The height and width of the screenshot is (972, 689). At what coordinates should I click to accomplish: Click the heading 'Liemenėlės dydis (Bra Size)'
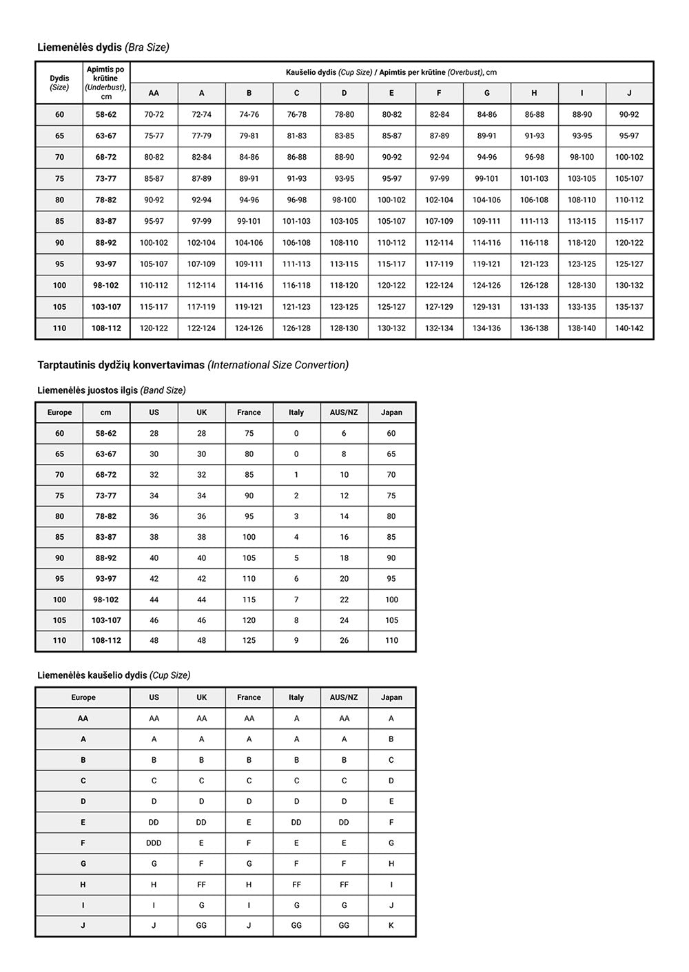pyautogui.click(x=103, y=47)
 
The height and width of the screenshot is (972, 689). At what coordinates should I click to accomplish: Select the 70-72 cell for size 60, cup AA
pyautogui.click(x=154, y=115)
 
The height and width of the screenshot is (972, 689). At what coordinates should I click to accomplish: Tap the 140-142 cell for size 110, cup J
pyautogui.click(x=629, y=328)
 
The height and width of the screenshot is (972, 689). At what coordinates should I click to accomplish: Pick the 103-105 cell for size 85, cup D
pyautogui.click(x=344, y=222)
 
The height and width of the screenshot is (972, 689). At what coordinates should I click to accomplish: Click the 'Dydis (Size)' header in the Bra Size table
pyautogui.click(x=59, y=83)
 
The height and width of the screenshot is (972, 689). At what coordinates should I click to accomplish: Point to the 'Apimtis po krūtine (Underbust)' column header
pyautogui.click(x=106, y=83)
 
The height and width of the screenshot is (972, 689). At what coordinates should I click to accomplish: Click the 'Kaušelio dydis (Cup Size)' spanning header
pyautogui.click(x=391, y=72)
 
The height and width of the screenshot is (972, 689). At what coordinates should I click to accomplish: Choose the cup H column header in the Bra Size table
pyautogui.click(x=534, y=93)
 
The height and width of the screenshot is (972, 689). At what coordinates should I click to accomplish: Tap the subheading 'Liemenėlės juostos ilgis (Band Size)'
pyautogui.click(x=111, y=390)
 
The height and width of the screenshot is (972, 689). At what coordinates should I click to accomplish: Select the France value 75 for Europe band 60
pyautogui.click(x=249, y=434)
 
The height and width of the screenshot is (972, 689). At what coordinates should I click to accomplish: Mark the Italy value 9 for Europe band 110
pyautogui.click(x=296, y=641)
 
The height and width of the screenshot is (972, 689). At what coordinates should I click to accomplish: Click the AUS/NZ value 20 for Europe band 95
pyautogui.click(x=344, y=579)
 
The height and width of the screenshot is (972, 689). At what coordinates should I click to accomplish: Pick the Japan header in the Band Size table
pyautogui.click(x=391, y=412)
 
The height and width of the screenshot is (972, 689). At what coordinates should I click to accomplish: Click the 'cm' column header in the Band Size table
pyautogui.click(x=106, y=412)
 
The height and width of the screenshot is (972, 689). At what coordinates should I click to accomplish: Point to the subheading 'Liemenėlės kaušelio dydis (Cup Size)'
pyautogui.click(x=114, y=675)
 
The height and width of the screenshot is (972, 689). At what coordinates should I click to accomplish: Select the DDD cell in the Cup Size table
pyautogui.click(x=154, y=843)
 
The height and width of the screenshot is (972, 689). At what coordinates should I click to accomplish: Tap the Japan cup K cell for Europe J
pyautogui.click(x=391, y=926)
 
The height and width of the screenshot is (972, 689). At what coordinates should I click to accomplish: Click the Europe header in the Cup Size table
pyautogui.click(x=83, y=697)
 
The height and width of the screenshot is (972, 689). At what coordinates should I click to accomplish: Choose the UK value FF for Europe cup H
pyautogui.click(x=201, y=885)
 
